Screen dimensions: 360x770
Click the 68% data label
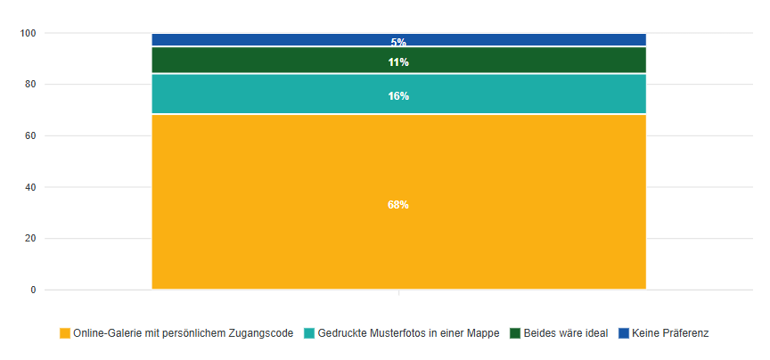[398, 205]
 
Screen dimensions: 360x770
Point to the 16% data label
[398, 96]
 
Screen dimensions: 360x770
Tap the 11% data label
[398, 62]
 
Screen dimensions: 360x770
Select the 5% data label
[398, 42]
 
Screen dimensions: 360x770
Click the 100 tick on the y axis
[29, 34]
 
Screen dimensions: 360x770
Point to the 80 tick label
[30, 85]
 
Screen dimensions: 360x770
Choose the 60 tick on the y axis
[30, 136]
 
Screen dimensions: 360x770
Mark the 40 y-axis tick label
[30, 188]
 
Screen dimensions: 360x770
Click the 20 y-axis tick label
[30, 239]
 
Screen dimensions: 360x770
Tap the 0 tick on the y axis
[33, 290]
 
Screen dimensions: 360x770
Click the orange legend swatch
[65, 333]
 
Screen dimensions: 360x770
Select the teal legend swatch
[309, 333]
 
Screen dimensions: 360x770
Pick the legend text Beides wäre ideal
[566, 333]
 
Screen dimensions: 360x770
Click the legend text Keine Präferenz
[670, 333]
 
